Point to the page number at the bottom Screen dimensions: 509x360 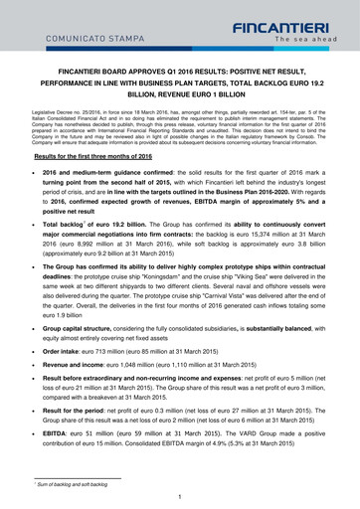point(180,495)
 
